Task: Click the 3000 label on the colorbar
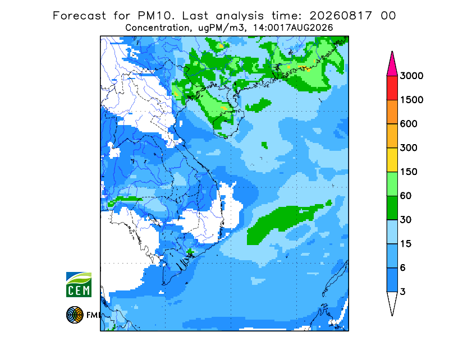coord(411,76)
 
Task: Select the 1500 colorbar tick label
coord(411,100)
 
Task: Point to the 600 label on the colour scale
coord(409,124)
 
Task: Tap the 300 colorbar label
coord(409,148)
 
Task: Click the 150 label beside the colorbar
coord(409,172)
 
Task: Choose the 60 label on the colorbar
coord(406,196)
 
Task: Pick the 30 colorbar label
coord(406,220)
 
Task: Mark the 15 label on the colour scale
coord(406,244)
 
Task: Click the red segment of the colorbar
coord(392,88)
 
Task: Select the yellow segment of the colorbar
coord(392,160)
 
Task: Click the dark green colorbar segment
coord(392,208)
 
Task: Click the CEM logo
coord(79,284)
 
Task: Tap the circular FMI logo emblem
coord(75,315)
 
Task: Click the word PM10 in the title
coord(156,16)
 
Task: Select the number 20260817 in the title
coord(341,16)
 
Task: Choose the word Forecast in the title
coord(79,16)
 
